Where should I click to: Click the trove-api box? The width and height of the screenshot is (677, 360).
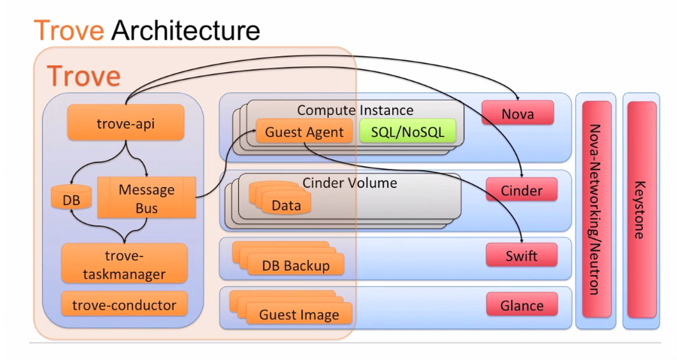click(125, 123)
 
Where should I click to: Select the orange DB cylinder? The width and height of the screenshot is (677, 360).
click(71, 199)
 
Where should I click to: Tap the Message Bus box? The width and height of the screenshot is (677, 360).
click(147, 198)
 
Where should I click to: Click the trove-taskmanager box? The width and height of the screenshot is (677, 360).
click(125, 264)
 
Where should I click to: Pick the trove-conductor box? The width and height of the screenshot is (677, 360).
click(125, 304)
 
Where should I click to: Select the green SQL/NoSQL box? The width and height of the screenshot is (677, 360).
click(407, 132)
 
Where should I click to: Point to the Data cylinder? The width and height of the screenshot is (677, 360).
click(286, 204)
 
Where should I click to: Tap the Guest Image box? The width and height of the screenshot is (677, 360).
click(298, 314)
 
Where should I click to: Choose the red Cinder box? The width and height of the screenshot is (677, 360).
click(521, 190)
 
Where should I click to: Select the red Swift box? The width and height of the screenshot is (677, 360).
click(521, 256)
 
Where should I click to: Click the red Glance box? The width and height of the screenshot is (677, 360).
click(521, 304)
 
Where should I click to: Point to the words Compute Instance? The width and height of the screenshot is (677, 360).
click(355, 110)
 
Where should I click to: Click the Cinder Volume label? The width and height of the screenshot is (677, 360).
click(349, 183)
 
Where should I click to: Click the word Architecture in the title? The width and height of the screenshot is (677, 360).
click(186, 31)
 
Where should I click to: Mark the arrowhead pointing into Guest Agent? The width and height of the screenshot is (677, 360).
click(252, 133)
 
